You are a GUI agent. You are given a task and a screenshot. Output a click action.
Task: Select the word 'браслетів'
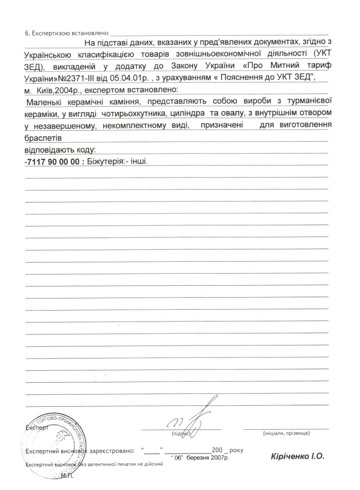tap(42, 138)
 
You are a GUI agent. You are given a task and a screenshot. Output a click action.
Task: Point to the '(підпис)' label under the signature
tap(181, 434)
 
